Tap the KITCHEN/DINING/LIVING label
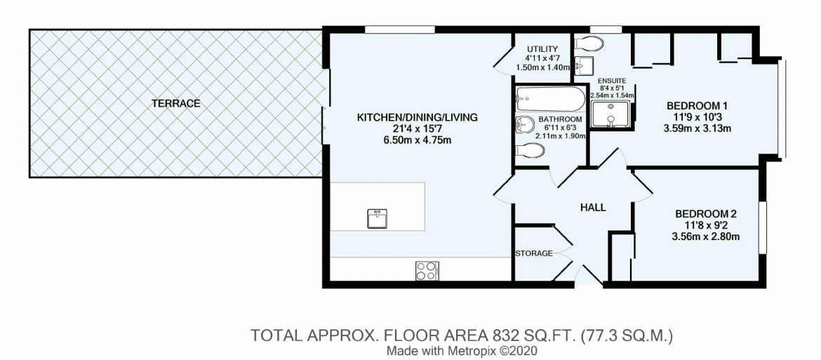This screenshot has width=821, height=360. click(x=418, y=118)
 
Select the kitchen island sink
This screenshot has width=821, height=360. click(x=377, y=218)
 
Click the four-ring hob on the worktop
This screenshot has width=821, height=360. click(x=427, y=270)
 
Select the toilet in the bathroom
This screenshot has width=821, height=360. click(x=530, y=151)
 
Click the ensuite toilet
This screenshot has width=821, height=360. click(x=589, y=42)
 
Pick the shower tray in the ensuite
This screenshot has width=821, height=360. click(x=610, y=114)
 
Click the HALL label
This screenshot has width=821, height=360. click(x=593, y=208)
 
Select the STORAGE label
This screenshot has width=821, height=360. click(x=534, y=254)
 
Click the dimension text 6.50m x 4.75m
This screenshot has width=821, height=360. click(x=418, y=140)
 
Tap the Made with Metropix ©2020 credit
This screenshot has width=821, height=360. click(x=462, y=350)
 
